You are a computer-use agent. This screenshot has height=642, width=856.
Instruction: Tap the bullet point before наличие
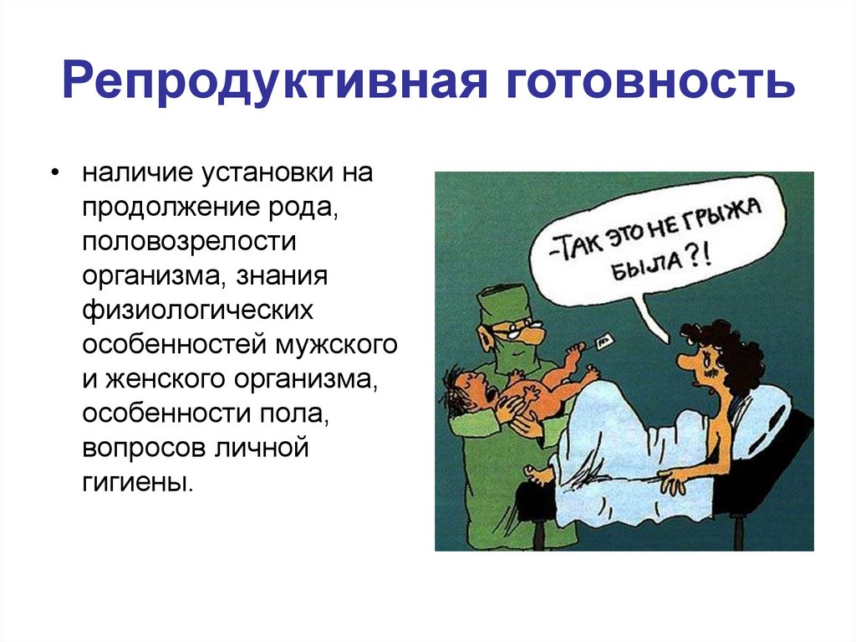(54, 174)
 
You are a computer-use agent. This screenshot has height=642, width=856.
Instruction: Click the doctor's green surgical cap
(504, 300)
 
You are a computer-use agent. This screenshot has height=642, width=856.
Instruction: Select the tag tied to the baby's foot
(604, 342)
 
